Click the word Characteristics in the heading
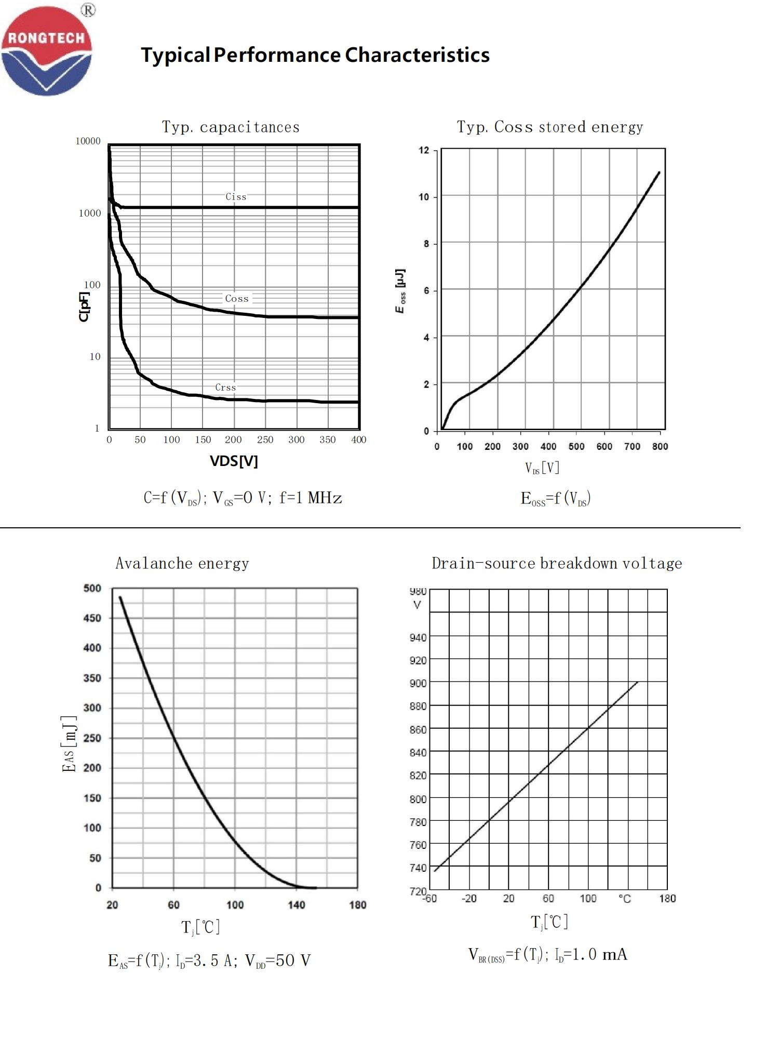[417, 55]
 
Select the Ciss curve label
[236, 196]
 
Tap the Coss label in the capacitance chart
[237, 298]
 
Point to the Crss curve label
[225, 387]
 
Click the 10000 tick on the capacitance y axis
[88, 141]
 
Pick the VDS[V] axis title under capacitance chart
[234, 461]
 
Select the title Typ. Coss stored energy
[550, 127]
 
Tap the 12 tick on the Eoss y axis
[424, 150]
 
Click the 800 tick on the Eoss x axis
[660, 446]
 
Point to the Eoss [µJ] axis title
[400, 291]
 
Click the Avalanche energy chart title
[182, 563]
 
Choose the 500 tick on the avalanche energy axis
[92, 588]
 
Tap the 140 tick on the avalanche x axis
[297, 905]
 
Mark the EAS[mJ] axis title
[70, 743]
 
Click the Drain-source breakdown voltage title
[557, 563]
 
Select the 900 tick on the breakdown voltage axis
[418, 683]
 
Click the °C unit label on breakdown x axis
[625, 899]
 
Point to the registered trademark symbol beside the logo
[88, 10]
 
